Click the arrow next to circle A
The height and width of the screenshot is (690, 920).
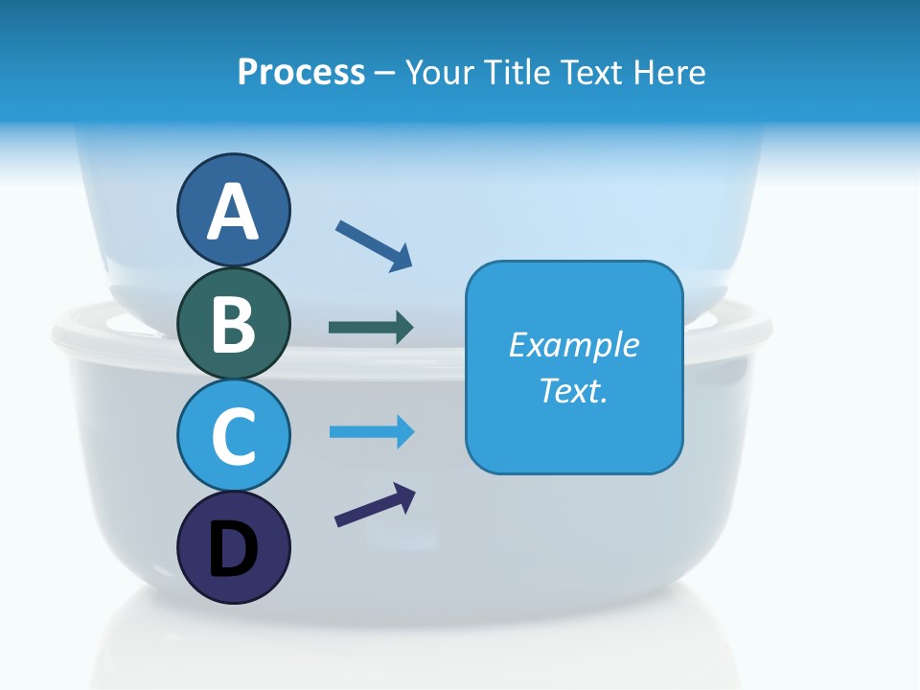click(x=374, y=244)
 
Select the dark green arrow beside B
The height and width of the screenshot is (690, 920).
click(x=371, y=328)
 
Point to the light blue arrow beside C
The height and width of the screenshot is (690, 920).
click(x=371, y=432)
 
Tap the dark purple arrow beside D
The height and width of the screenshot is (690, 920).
click(x=375, y=505)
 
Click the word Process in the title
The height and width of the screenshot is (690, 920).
click(x=301, y=72)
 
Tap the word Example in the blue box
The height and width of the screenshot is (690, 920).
click(x=573, y=345)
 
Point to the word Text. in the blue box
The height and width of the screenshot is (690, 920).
click(x=573, y=390)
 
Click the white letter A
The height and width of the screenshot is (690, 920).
click(x=233, y=213)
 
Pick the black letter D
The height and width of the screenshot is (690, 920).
click(x=233, y=550)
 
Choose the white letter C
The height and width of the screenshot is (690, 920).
click(x=233, y=437)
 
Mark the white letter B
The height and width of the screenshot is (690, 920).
click(x=233, y=324)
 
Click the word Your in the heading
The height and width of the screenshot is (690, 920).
click(x=440, y=72)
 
